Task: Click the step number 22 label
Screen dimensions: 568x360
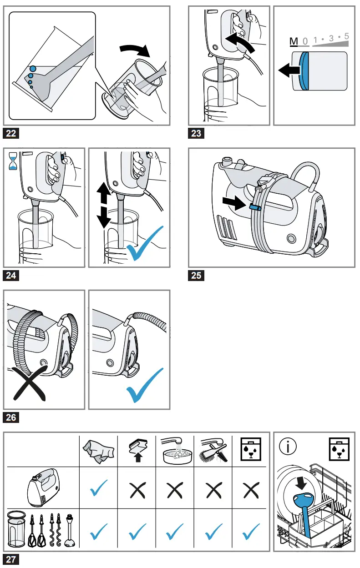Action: (11, 133)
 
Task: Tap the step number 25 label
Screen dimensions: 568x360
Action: (196, 276)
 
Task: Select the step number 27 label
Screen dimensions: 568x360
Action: (11, 559)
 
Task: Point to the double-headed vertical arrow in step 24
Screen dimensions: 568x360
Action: (103, 206)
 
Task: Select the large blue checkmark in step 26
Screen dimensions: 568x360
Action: (145, 386)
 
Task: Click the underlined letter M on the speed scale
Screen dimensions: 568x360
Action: (294, 41)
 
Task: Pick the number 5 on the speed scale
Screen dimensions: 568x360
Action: (347, 36)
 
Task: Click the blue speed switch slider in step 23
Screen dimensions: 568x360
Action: (304, 70)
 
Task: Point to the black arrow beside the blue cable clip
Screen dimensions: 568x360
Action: (236, 203)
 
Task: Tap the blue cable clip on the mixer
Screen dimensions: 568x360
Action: (255, 207)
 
